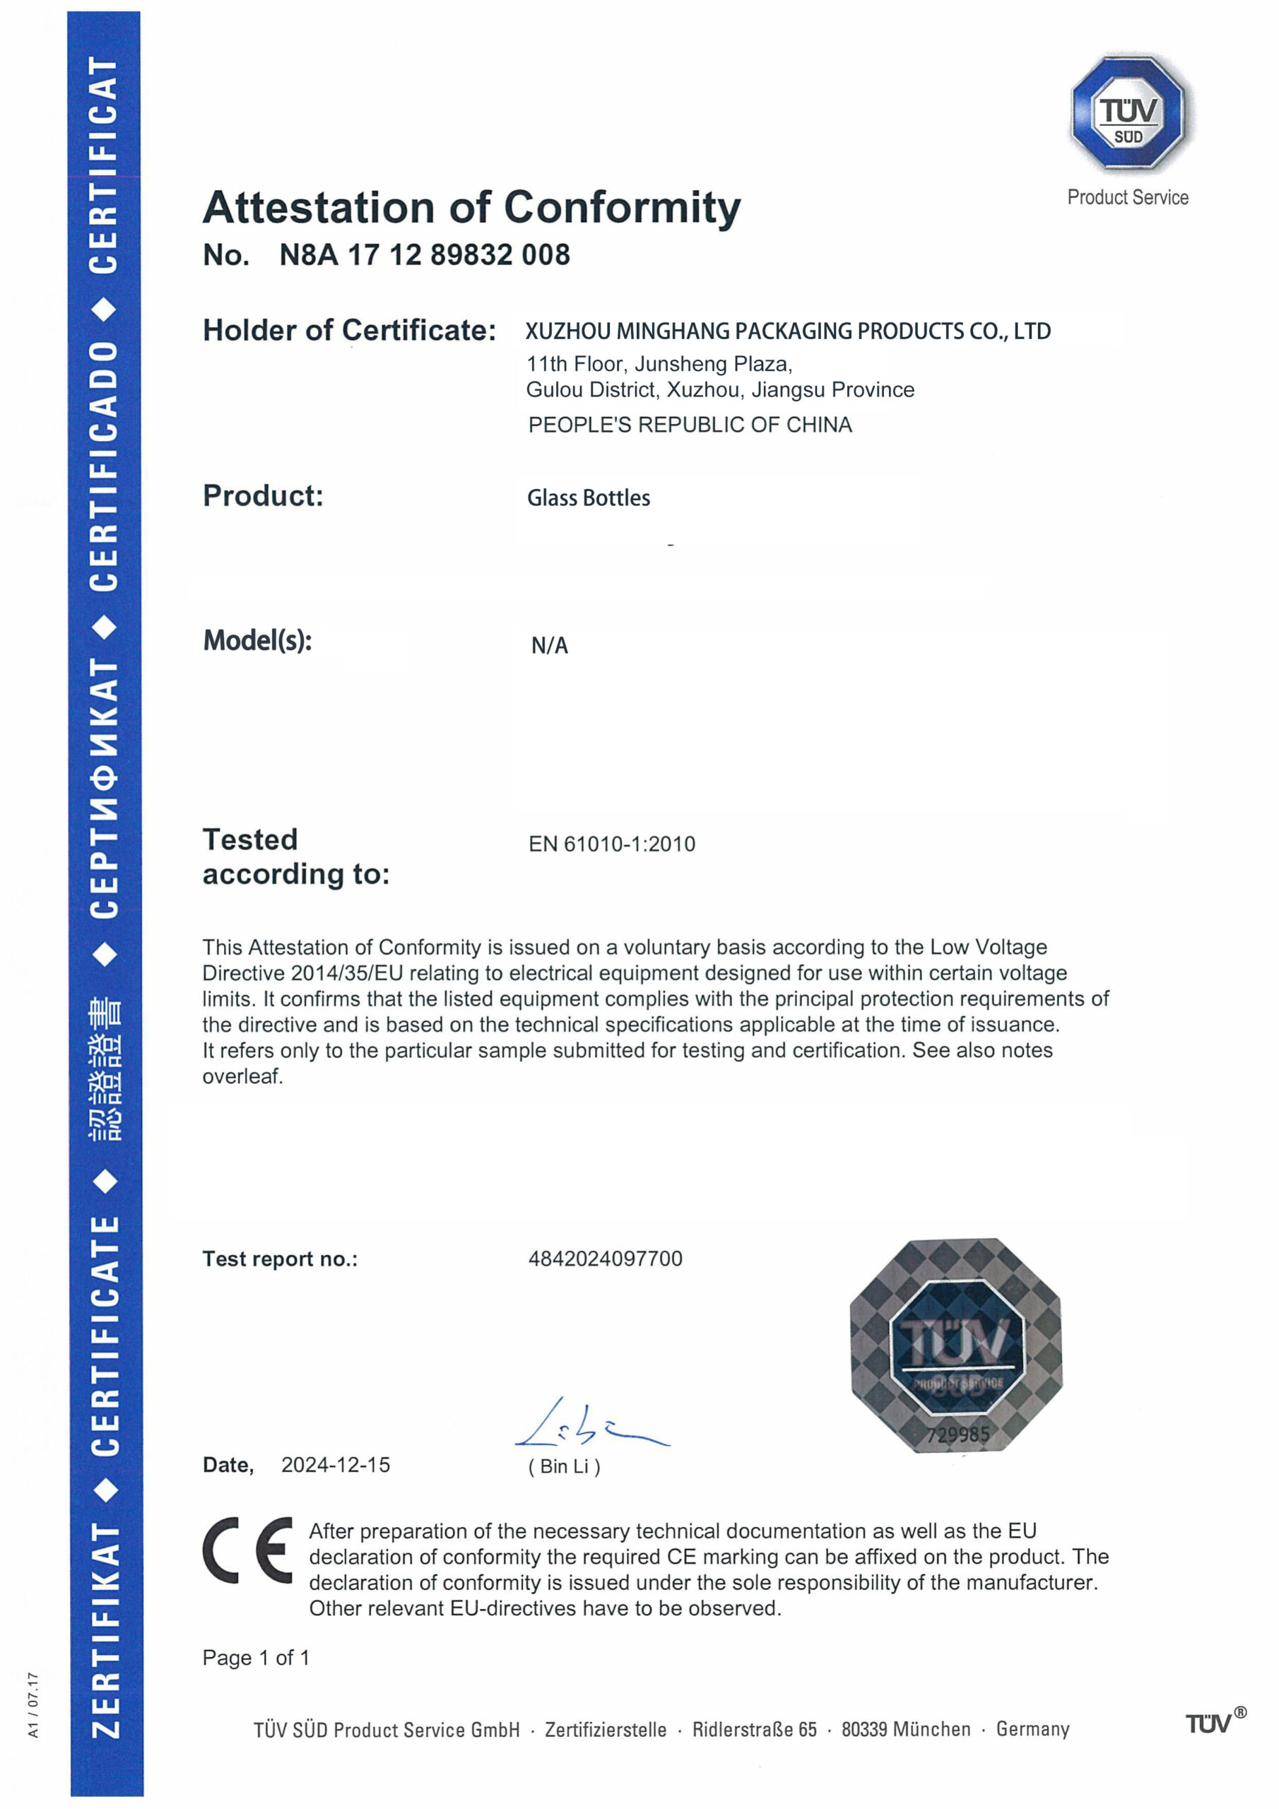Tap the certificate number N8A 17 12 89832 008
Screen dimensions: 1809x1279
click(x=424, y=255)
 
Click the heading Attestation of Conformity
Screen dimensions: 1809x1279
click(x=471, y=208)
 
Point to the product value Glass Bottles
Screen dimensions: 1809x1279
click(x=588, y=498)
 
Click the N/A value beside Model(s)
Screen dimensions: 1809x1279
click(x=549, y=646)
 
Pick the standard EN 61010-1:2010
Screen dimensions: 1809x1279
click(x=611, y=844)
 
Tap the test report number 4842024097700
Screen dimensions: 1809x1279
click(x=604, y=1259)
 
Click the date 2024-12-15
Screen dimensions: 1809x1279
click(x=336, y=1465)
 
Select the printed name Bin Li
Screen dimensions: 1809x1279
click(x=564, y=1466)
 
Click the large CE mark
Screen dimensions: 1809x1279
click(x=247, y=1550)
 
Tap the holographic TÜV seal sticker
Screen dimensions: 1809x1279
click(x=955, y=1345)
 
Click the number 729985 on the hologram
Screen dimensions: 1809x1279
click(x=957, y=1434)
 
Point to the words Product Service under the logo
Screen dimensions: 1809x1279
click(x=1127, y=198)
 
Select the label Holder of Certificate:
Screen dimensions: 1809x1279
click(x=349, y=331)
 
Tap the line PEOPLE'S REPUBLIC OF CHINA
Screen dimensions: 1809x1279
click(x=690, y=425)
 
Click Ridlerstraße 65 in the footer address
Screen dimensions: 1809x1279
click(x=754, y=1729)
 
